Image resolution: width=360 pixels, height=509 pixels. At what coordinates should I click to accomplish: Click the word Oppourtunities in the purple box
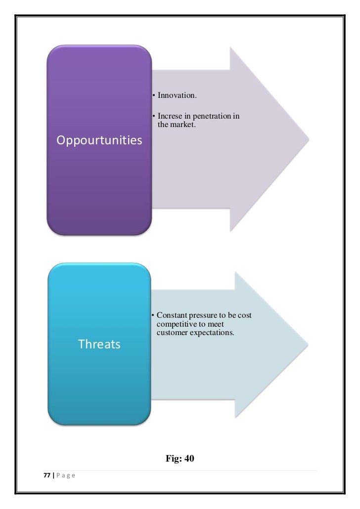(x=99, y=141)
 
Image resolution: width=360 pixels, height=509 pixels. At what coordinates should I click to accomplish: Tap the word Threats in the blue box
(x=99, y=344)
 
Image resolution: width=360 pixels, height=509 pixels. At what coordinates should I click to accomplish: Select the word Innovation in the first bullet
(x=177, y=95)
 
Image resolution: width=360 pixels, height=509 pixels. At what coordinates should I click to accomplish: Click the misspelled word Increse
(x=169, y=117)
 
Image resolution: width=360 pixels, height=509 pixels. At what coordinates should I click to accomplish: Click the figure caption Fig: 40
(x=180, y=459)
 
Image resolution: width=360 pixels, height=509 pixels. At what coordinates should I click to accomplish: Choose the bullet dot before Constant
(x=154, y=316)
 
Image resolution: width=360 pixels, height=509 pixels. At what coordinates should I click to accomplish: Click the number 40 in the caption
(x=189, y=459)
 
